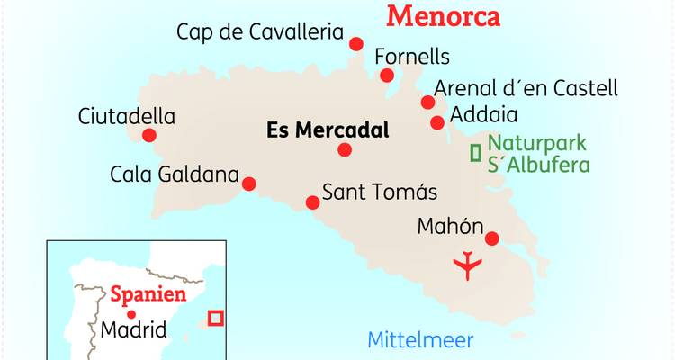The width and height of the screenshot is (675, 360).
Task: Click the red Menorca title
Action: (x=442, y=15)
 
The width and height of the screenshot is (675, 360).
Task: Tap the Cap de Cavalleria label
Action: (x=260, y=33)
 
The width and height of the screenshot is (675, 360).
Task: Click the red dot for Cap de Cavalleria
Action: (x=356, y=43)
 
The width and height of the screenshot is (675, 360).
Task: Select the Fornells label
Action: (x=411, y=57)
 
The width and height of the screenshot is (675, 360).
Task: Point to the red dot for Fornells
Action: (x=387, y=76)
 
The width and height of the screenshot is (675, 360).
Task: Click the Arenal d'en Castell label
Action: (x=526, y=88)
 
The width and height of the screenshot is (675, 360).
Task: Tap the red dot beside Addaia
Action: (x=437, y=122)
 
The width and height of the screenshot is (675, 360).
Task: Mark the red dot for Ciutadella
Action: (x=149, y=136)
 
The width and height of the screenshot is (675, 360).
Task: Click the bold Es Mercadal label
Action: (x=328, y=130)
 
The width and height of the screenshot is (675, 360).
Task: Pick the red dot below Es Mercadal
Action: (x=345, y=150)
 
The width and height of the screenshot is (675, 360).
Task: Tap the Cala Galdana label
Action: (x=175, y=173)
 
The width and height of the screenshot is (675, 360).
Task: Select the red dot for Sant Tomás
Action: (x=312, y=202)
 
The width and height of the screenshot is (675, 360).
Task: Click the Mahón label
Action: (x=451, y=227)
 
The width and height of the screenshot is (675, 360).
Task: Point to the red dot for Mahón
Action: (x=492, y=238)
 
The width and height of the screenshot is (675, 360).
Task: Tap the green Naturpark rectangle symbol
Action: (x=475, y=153)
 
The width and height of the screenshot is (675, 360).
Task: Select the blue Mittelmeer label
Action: (x=420, y=340)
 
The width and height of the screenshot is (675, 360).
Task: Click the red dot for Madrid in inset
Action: (x=133, y=314)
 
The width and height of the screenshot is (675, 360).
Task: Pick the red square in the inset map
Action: (x=215, y=318)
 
